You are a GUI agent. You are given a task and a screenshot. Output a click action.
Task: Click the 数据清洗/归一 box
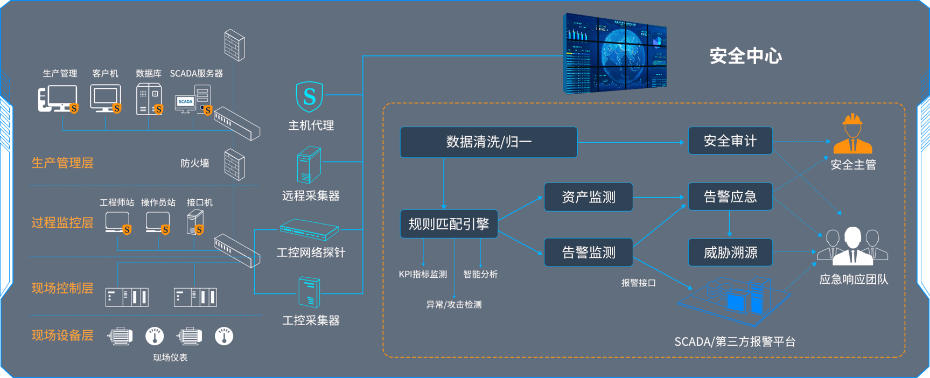[488, 142]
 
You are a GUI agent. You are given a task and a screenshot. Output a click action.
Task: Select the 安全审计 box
[730, 141]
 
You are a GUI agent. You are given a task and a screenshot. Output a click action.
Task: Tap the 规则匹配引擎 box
[449, 224]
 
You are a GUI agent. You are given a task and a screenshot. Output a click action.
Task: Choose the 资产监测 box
[588, 197]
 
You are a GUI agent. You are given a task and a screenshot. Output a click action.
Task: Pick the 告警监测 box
[588, 252]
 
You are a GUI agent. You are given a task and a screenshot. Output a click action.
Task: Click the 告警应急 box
[730, 197]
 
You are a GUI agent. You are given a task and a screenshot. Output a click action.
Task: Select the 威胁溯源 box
[730, 252]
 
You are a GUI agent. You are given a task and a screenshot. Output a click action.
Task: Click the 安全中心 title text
[745, 56]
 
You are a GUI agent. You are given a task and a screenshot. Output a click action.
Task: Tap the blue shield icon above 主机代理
[309, 97]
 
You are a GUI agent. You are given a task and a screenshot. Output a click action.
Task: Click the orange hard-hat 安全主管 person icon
[852, 135]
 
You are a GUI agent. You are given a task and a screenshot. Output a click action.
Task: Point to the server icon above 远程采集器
[309, 166]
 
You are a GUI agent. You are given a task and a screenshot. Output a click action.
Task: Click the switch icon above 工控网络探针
[309, 230]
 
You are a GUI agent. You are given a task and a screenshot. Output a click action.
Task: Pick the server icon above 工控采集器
[309, 292]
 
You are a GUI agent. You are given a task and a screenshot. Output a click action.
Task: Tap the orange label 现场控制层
[62, 288]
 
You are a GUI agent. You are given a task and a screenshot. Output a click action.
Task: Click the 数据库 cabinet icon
[149, 99]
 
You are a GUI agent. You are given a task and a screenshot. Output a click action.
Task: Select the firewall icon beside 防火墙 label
[234, 164]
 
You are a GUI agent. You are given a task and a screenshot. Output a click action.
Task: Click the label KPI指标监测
[423, 274]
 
